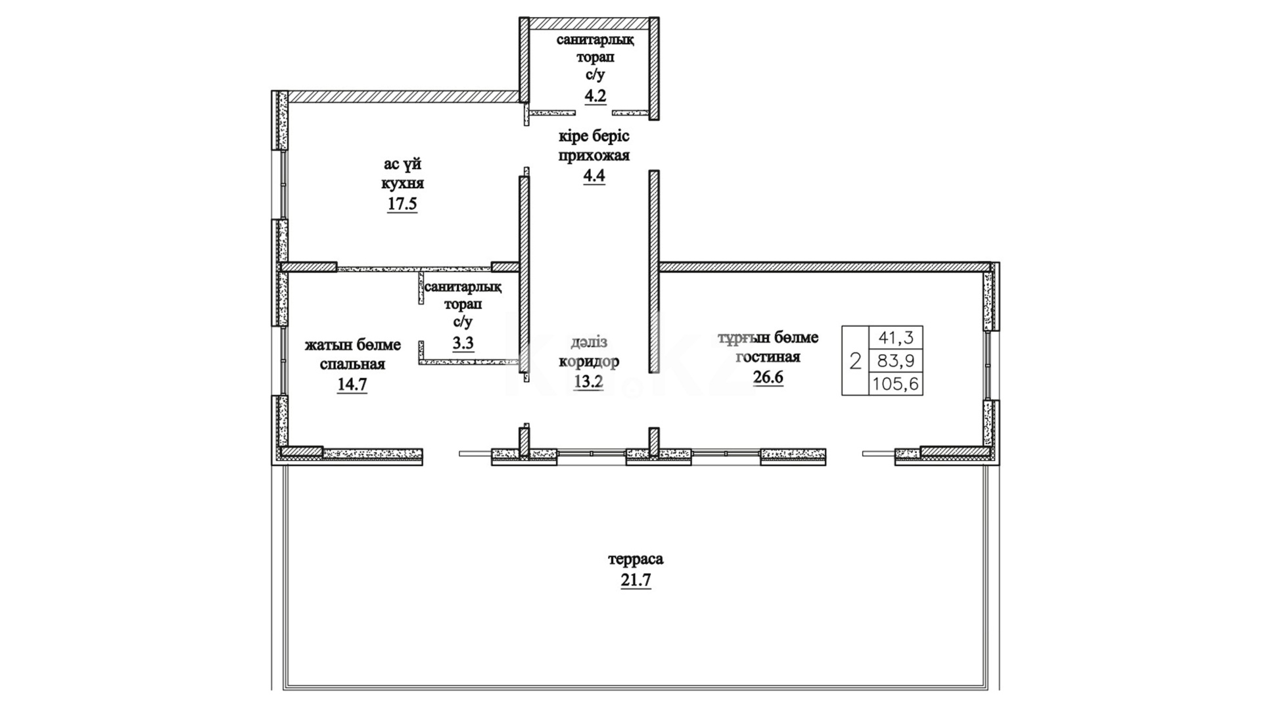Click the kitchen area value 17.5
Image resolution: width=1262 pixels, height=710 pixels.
(402, 204)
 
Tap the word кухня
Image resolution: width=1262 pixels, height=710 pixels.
(402, 183)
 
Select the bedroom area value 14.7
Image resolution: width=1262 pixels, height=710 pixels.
(352, 385)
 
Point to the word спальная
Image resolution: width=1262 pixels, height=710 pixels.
(352, 364)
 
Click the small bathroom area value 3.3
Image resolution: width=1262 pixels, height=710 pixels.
(463, 343)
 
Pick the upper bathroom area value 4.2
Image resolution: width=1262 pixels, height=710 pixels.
(595, 96)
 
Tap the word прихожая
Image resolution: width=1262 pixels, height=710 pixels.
(594, 156)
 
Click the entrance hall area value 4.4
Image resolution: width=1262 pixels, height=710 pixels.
(594, 176)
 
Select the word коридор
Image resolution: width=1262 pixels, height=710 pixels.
(589, 362)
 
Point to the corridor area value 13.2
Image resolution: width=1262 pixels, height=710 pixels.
(588, 382)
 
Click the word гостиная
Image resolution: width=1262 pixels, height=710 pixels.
(768, 358)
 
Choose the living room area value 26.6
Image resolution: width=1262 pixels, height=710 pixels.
(768, 378)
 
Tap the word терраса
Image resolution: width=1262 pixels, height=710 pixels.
(636, 559)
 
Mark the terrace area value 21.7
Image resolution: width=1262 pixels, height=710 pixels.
(636, 580)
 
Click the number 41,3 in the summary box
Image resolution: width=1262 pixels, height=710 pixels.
(895, 338)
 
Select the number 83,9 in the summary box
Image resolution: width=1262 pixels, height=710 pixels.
(895, 361)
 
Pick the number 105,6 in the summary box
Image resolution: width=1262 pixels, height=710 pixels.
(895, 384)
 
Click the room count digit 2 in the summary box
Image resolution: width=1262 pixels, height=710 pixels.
(855, 361)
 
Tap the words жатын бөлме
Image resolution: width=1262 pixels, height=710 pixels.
(352, 344)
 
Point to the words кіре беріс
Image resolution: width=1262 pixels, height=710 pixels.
(594, 136)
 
